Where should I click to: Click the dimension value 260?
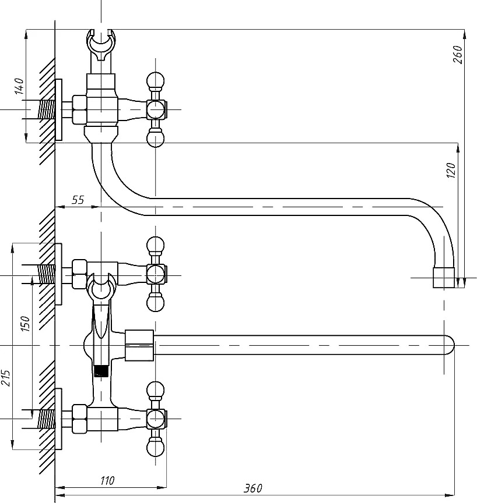pos(458,55)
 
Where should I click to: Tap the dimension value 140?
pos(20,86)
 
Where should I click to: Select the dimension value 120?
pos(451,171)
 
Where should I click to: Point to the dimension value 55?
pos(78,200)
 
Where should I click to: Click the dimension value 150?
pos(24,324)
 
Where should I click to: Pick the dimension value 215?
pos(5,378)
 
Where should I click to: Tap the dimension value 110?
pos(107,480)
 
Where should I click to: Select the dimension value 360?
pos(253,488)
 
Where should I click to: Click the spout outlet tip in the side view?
pos(444,278)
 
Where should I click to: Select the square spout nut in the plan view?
pos(139,345)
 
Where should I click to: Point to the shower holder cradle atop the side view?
pos(101,44)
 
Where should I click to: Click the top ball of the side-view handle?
pos(155,80)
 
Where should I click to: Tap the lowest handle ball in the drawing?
pos(155,448)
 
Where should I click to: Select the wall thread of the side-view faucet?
pos(47,109)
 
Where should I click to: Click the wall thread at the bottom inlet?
pos(47,419)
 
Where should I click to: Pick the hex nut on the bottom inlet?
pos(79,419)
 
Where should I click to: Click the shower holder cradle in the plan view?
pos(101,286)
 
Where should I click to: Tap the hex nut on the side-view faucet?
pos(79,109)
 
